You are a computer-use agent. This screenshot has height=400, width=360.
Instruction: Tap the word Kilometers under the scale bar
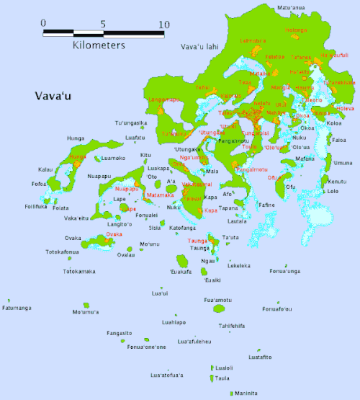[99, 45]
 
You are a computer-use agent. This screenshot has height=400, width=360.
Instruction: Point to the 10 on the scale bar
[163, 24]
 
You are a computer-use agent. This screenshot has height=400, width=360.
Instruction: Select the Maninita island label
[244, 394]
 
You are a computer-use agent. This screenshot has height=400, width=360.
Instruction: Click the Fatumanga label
[17, 308]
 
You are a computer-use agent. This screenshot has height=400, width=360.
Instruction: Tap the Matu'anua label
[291, 8]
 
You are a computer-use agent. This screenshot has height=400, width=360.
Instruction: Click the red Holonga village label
[296, 30]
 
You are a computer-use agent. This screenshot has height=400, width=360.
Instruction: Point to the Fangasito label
[119, 333]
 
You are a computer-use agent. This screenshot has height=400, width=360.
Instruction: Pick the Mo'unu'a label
[86, 312]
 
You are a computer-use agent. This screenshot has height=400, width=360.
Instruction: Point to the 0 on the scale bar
[43, 24]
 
